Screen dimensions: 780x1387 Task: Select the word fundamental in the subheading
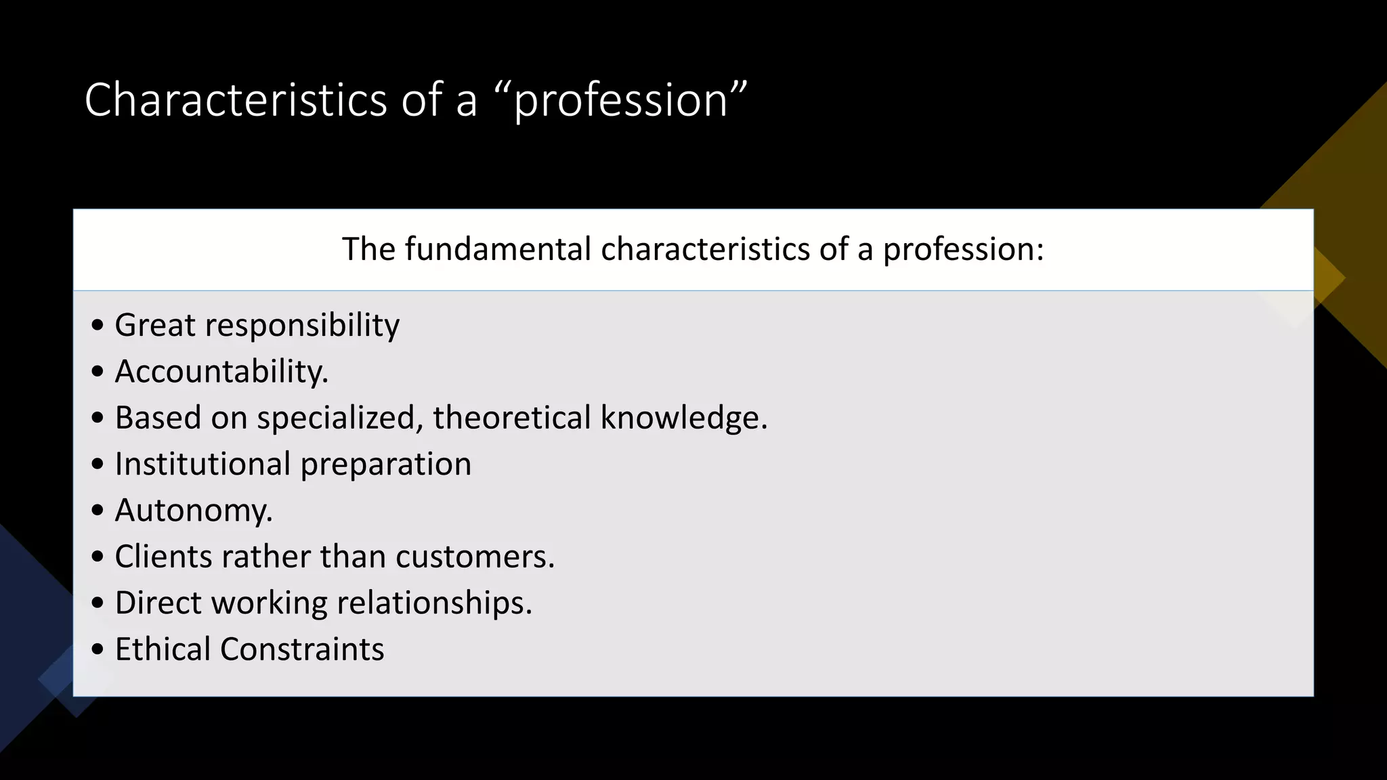[x=498, y=249]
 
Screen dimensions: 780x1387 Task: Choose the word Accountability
[x=221, y=372]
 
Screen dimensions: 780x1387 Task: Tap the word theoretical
[x=512, y=417]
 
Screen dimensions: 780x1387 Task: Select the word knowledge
[x=684, y=418]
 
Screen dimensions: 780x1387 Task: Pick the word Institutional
[x=202, y=464]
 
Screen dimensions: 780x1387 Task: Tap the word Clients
[x=163, y=557]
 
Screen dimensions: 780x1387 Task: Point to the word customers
[x=475, y=557]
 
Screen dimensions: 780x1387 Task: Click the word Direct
[x=158, y=603]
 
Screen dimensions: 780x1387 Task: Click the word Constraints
[x=302, y=649]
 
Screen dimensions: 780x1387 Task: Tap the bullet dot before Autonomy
[x=98, y=511]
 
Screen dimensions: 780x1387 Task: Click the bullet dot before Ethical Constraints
[x=98, y=649]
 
